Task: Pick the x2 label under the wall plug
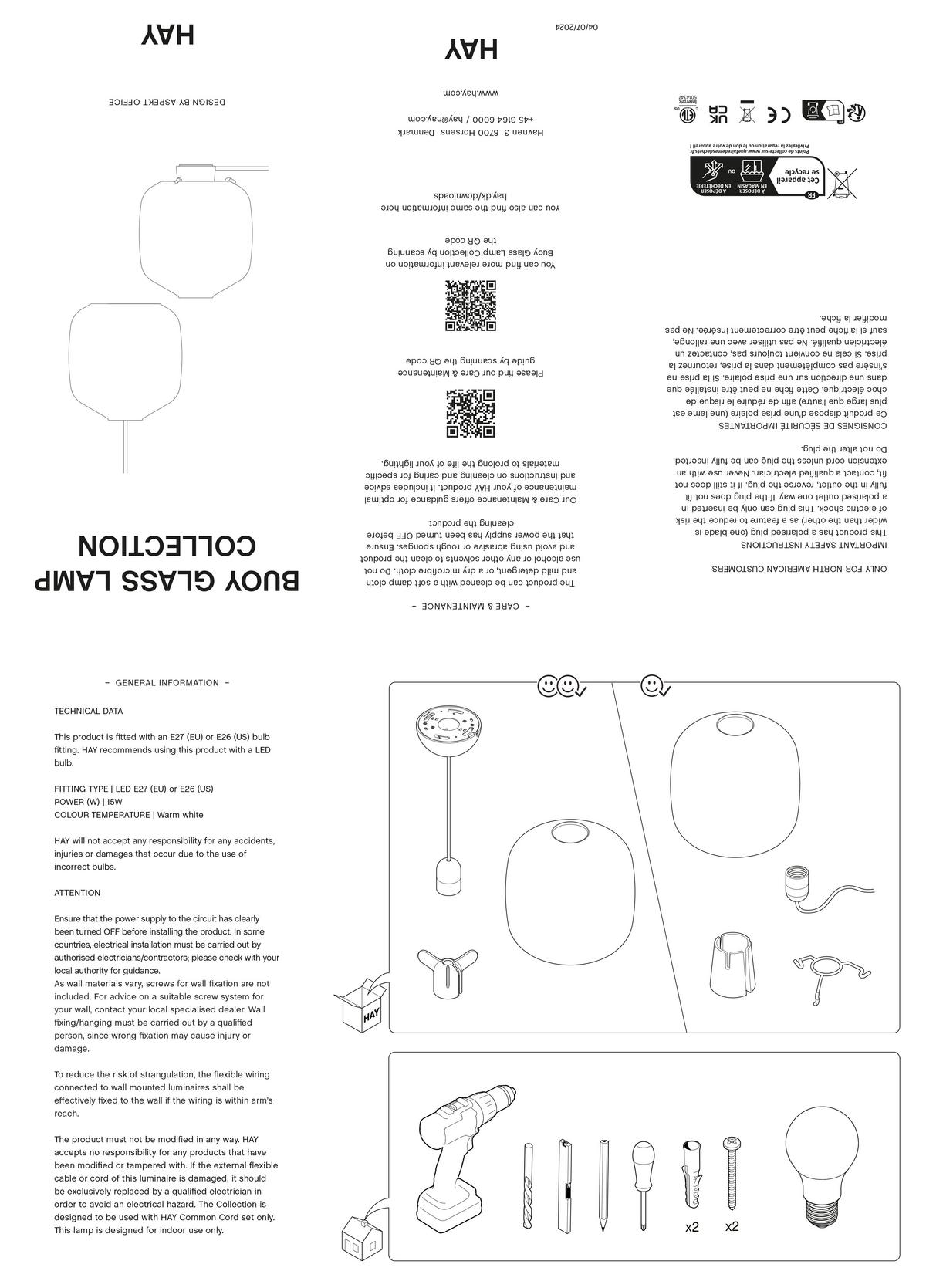[692, 1227]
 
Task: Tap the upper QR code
[470, 306]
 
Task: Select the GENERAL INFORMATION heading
[167, 683]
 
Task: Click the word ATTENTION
[77, 893]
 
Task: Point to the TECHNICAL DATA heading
[88, 711]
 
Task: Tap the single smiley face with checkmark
[655, 685]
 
